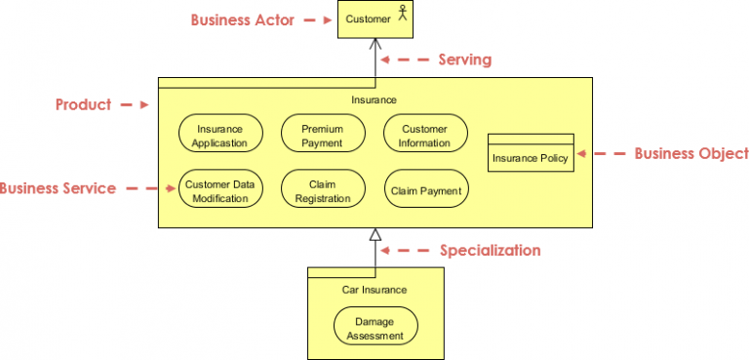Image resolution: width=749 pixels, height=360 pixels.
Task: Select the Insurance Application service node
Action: [220, 136]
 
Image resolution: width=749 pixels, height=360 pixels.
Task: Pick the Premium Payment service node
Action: [322, 136]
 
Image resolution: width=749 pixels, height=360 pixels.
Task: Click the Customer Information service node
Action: [424, 136]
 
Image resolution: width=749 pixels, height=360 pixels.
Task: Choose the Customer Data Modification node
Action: [220, 191]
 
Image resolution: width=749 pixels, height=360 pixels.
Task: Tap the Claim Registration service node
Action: [322, 191]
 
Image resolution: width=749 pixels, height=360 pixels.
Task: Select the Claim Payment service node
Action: [425, 191]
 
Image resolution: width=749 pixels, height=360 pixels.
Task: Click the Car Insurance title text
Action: [374, 290]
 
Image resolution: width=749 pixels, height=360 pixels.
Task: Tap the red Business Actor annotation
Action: [242, 20]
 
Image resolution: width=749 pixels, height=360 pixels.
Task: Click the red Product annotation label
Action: [83, 104]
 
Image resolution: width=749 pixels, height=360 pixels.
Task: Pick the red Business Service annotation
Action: [58, 188]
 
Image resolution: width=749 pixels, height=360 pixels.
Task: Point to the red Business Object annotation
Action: [690, 153]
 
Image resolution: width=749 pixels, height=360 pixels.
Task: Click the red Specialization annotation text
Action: [490, 251]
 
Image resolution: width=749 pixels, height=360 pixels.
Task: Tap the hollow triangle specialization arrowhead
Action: [374, 234]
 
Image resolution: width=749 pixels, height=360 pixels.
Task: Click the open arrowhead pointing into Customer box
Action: [374, 46]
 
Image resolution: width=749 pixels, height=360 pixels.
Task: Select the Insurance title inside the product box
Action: [374, 100]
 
